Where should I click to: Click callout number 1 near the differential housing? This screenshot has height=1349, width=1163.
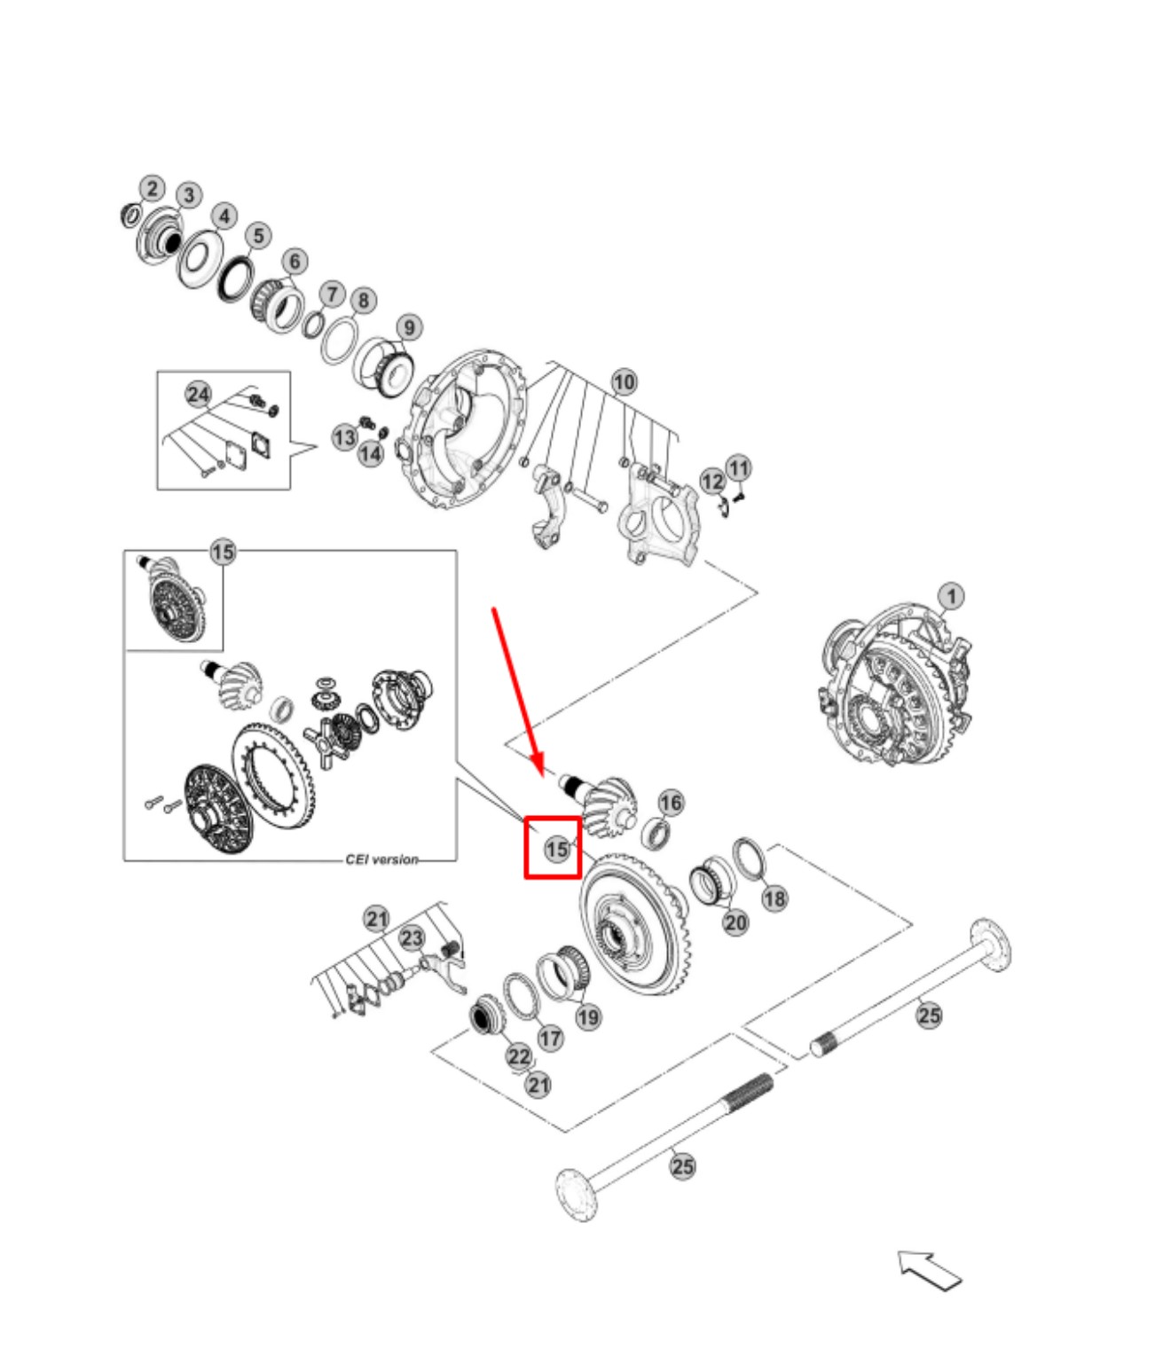(951, 595)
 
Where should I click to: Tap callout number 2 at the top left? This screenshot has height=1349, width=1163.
(152, 188)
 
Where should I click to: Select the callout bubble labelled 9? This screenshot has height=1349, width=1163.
(409, 327)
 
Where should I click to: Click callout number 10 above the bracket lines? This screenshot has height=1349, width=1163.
(625, 382)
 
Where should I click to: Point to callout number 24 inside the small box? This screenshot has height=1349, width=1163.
(199, 395)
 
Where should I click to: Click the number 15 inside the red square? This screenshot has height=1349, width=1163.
(556, 849)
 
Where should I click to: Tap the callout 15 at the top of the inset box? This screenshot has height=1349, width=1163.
(223, 552)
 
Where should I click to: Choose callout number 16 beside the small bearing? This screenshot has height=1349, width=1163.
(671, 803)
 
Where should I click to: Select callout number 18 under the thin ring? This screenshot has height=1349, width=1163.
(774, 898)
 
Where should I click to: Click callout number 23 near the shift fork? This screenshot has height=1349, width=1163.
(412, 937)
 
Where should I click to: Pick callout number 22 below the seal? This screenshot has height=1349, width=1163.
(519, 1055)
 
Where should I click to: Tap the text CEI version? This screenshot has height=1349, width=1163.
(381, 859)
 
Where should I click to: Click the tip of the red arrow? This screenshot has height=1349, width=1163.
(538, 768)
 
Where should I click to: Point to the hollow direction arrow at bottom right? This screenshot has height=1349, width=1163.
(930, 1270)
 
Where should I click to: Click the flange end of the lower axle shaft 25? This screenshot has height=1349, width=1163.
(574, 1184)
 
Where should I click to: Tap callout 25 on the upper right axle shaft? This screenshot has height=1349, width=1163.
(929, 1015)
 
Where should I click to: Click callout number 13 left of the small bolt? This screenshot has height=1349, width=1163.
(344, 437)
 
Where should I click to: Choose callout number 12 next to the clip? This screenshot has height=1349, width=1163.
(712, 481)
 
